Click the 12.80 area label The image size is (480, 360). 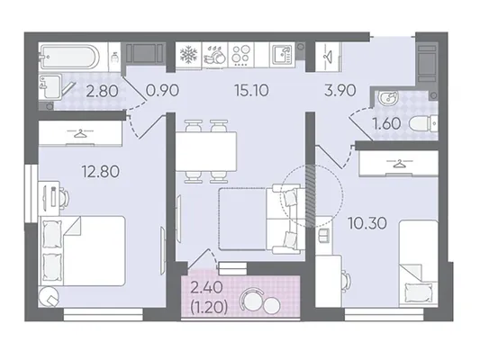[x=100, y=172]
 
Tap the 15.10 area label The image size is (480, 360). [x=251, y=91]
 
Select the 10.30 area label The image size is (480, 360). [x=367, y=223]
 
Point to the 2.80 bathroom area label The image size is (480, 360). [x=102, y=91]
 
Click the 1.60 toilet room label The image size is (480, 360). [x=386, y=123]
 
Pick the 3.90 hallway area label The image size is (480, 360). [x=340, y=91]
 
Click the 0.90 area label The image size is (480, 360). [x=162, y=91]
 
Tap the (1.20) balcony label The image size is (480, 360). [x=209, y=308]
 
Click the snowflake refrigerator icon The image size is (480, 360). [x=188, y=55]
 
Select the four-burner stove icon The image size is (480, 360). [x=241, y=56]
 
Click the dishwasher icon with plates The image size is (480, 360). [x=215, y=55]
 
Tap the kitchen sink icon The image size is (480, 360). [x=282, y=55]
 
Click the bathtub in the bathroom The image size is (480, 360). [x=69, y=57]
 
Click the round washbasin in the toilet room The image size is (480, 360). [x=388, y=98]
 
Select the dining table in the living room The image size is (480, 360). [x=206, y=151]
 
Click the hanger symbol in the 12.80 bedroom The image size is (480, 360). [x=80, y=133]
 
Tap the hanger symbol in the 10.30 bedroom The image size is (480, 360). [x=398, y=164]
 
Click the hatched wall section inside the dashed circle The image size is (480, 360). [x=311, y=196]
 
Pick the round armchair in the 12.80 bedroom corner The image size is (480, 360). [x=49, y=297]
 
